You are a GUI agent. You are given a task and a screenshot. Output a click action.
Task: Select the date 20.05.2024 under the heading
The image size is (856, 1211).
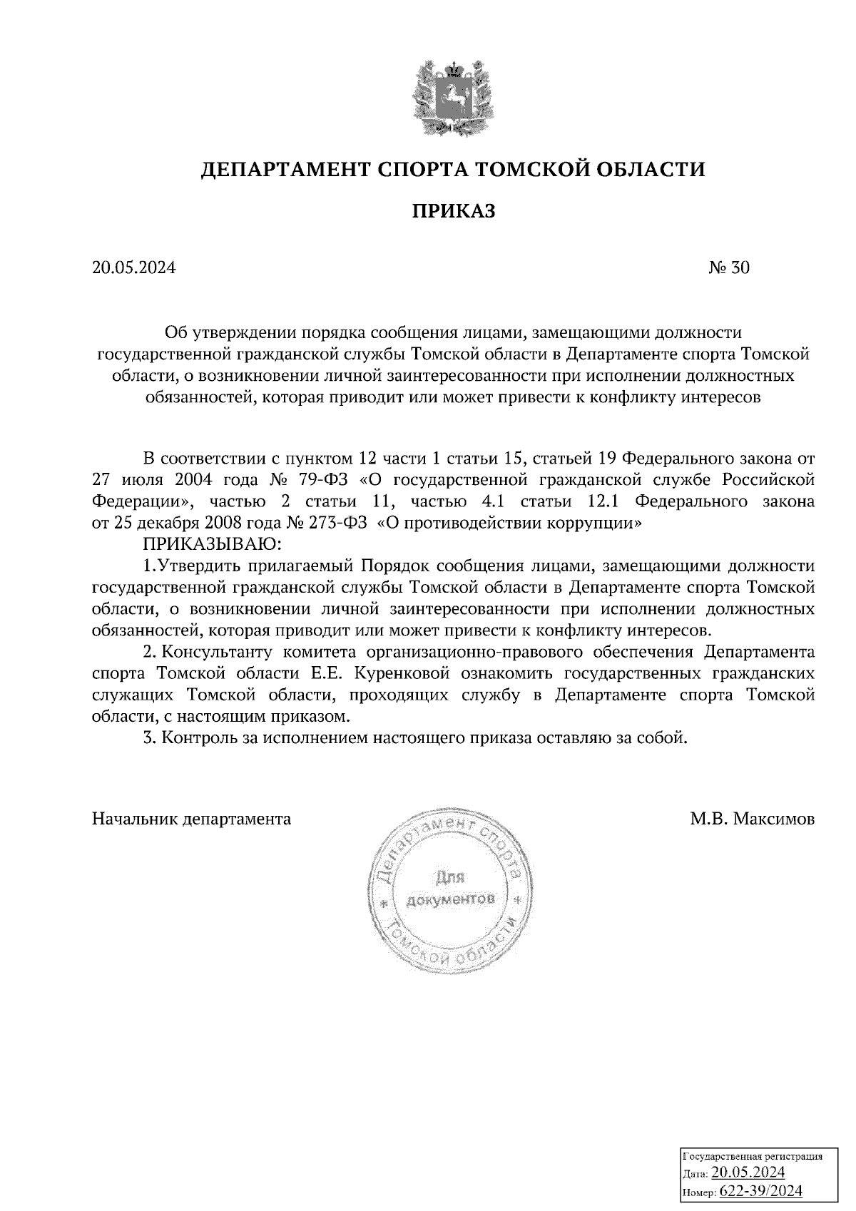pyautogui.click(x=133, y=268)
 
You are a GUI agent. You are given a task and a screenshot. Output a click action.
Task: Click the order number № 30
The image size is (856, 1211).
pyautogui.click(x=729, y=268)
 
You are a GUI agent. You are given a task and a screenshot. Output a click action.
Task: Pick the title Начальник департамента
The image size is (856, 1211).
pyautogui.click(x=191, y=819)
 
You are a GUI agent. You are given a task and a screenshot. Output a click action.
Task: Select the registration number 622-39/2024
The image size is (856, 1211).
pyautogui.click(x=761, y=1191)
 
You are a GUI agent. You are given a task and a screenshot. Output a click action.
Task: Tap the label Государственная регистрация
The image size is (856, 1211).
pyautogui.click(x=753, y=1156)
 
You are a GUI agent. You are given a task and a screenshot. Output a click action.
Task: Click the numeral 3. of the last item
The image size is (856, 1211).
pyautogui.click(x=149, y=738)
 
